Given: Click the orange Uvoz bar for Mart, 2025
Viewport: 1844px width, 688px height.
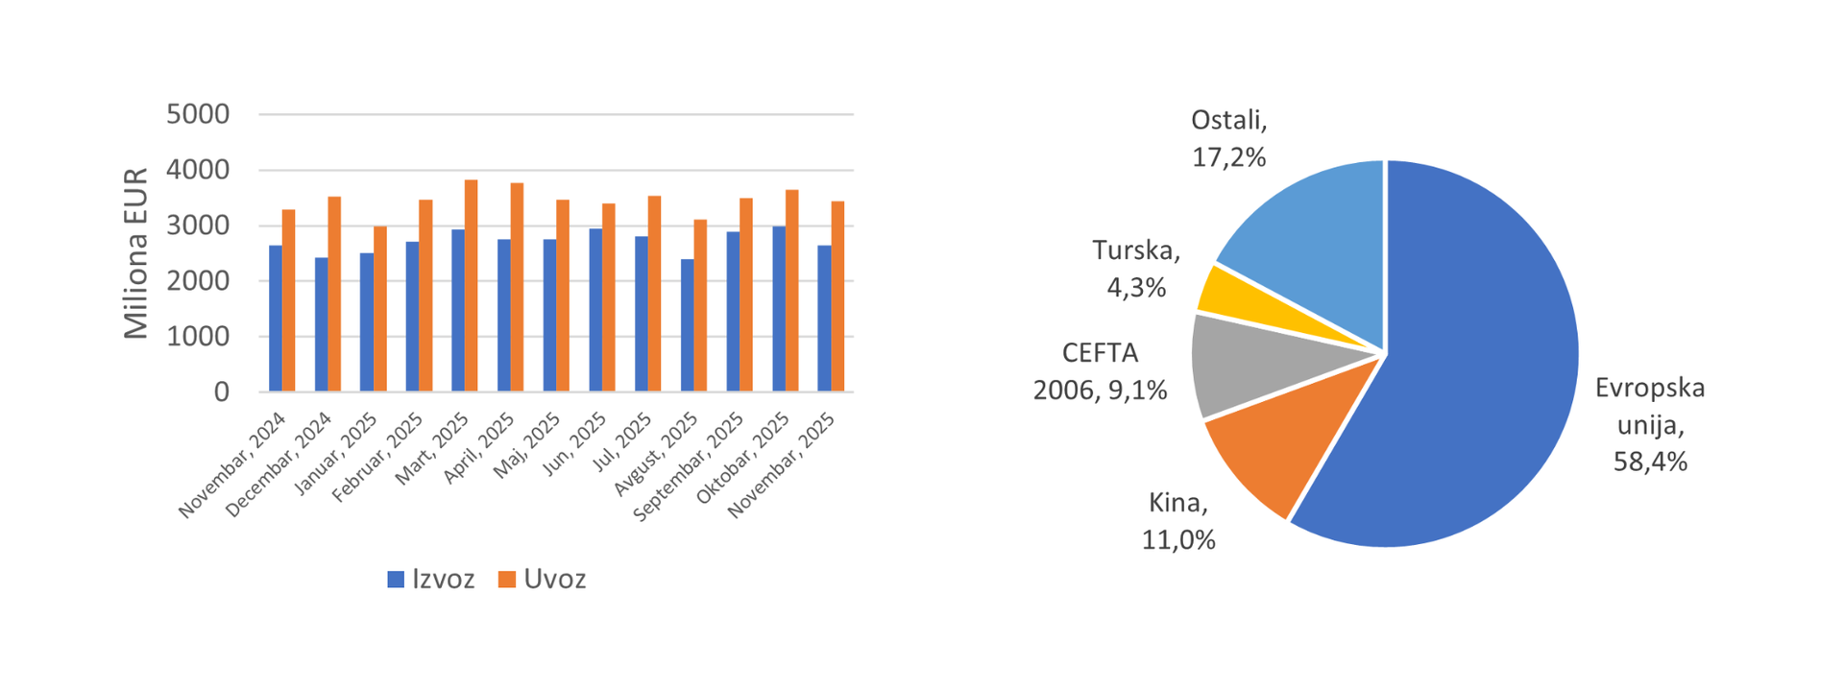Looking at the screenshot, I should (472, 286).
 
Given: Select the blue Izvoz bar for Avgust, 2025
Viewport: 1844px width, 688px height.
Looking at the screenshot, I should (688, 325).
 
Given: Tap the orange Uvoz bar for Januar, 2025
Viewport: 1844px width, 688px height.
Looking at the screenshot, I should (380, 309).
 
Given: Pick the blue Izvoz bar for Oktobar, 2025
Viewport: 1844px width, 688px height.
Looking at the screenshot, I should (779, 309).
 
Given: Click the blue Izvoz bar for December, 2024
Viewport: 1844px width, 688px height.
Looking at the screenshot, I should (322, 324).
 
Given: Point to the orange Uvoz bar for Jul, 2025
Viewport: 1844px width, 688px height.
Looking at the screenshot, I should (655, 294).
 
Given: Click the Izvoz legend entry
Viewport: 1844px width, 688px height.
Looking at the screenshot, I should (431, 580).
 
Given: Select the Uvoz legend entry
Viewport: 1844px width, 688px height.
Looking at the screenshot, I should (543, 580).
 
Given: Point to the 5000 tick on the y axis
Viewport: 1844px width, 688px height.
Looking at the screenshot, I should (198, 114).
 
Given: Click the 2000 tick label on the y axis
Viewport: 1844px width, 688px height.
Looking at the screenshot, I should (198, 281).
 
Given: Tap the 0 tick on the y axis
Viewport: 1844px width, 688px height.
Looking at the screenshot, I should (222, 391).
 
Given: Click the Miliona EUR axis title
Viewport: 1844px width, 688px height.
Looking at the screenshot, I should (136, 253).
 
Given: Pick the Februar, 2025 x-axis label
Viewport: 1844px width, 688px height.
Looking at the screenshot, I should (377, 460).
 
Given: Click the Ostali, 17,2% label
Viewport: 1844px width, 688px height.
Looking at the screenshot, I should (1229, 138).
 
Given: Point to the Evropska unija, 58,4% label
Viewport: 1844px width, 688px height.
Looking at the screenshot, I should (1650, 424).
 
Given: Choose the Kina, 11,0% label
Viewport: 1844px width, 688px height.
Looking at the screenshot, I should (1178, 521).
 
